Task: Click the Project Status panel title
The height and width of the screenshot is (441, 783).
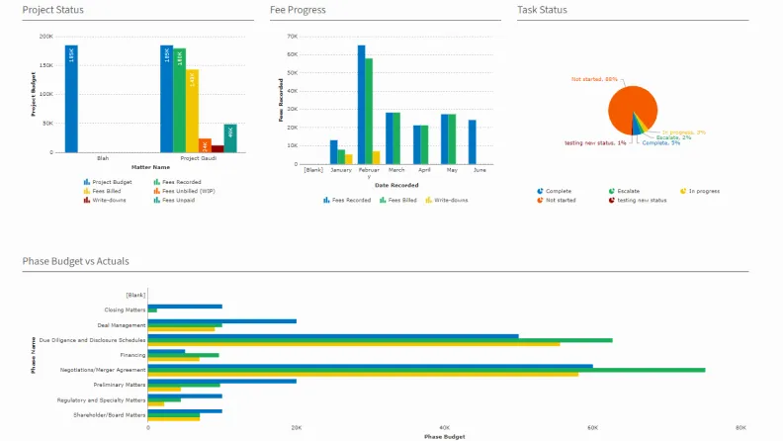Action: coord(52,10)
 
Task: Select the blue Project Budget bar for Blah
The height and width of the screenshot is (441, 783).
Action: coord(71,99)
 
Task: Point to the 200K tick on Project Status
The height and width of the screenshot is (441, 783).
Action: coord(46,37)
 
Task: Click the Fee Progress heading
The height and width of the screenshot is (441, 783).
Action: coord(298,10)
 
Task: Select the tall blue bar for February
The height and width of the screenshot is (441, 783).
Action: coord(362,104)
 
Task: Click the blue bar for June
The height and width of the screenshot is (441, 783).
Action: coord(473,141)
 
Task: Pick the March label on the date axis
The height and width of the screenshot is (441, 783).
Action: coord(395,170)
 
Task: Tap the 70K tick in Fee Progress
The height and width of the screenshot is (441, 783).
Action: coord(292,37)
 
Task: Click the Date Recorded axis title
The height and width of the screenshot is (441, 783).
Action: coord(395,185)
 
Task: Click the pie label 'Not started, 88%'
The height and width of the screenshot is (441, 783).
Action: coord(594,79)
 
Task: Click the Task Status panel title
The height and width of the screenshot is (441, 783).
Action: coord(542,10)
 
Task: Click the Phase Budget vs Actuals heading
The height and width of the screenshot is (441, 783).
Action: coord(75,261)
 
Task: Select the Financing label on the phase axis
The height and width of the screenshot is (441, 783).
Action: coord(132,354)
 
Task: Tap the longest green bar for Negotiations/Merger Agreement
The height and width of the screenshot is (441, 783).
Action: coord(425,369)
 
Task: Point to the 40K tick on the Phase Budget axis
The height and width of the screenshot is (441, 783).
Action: coord(444,428)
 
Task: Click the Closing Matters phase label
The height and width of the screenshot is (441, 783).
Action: coord(125,309)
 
